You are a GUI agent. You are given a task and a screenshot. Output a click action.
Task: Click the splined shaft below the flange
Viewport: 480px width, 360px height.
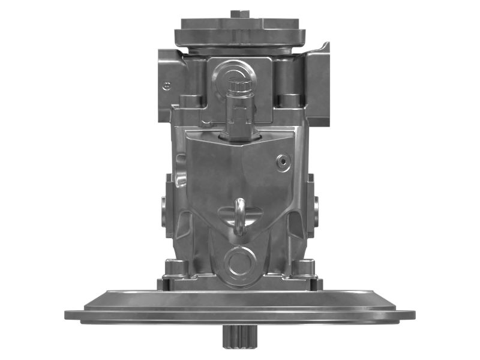pos(239,338)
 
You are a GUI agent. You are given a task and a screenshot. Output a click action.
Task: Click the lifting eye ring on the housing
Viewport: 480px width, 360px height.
pos(239,215)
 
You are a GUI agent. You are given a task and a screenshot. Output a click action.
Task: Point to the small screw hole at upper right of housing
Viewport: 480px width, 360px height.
pos(282,160)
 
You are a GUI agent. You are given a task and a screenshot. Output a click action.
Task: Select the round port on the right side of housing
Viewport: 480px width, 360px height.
pos(313,210)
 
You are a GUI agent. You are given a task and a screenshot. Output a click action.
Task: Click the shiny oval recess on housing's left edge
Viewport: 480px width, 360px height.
pos(180,179)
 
